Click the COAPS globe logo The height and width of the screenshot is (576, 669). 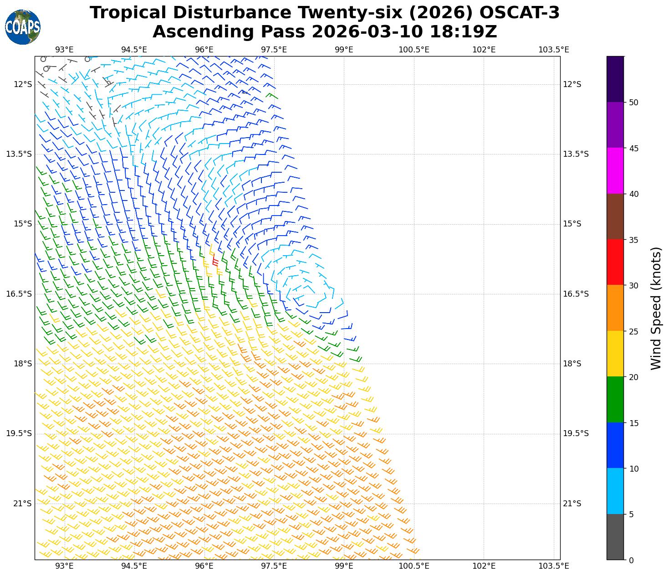coord(23,27)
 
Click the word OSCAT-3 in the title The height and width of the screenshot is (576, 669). coord(520,13)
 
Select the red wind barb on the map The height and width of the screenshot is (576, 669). coord(215,262)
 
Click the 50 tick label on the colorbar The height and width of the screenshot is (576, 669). coord(633,103)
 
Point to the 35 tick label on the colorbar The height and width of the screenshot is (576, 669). coord(633,240)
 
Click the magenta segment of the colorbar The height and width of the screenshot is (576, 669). coord(615,170)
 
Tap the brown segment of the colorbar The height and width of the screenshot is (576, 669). coord(615,216)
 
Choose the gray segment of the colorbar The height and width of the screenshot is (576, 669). coord(615,537)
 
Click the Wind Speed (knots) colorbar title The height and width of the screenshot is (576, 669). coord(656,308)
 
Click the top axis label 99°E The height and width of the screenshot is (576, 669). coord(344,50)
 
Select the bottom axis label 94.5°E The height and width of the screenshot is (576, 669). coord(134,566)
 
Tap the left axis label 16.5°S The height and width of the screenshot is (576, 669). coord(19,294)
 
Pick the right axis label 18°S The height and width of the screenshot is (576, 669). coord(572,364)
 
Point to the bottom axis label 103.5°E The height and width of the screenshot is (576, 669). coord(553,566)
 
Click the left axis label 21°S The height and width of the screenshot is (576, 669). coord(22,504)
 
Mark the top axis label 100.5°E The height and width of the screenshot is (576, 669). coord(414,50)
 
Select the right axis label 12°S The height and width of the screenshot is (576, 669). coord(572,84)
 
